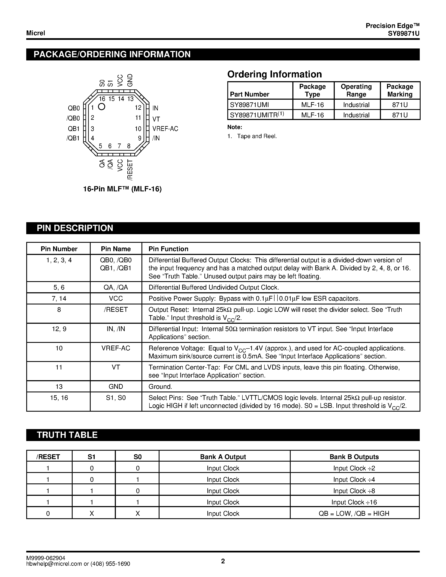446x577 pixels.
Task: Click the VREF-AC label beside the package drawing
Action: tap(165, 129)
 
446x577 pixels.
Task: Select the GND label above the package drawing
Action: tap(130, 80)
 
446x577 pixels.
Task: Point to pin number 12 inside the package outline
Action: tap(138, 107)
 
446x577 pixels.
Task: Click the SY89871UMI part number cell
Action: tap(249, 105)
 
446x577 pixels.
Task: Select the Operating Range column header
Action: tap(356, 90)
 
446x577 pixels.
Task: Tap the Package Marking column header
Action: tap(400, 90)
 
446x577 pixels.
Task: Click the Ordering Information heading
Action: tap(275, 74)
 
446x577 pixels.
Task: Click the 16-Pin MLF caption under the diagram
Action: tap(122, 189)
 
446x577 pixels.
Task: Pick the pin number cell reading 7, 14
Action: tap(59, 299)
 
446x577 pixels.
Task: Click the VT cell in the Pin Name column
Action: tap(116, 367)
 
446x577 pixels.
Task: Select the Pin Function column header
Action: tap(168, 249)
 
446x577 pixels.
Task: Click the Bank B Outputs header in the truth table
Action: tap(354, 457)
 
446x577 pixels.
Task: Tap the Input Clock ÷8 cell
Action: tap(354, 491)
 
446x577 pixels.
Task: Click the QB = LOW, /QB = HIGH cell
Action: tap(354, 514)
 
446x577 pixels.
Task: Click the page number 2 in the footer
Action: tap(223, 561)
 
